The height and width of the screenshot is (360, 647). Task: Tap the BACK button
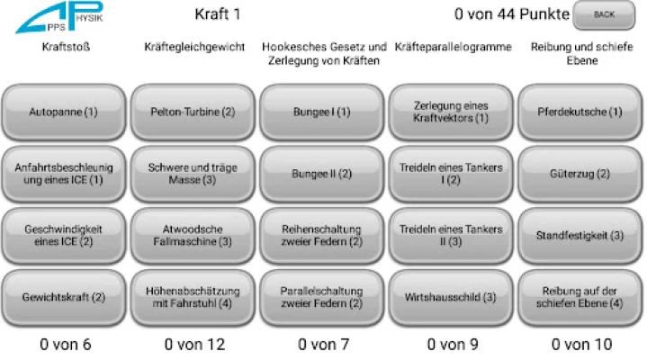pos(604,15)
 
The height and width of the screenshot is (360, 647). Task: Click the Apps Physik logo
pos(59,17)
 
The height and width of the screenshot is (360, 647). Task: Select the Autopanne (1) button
pos(64,112)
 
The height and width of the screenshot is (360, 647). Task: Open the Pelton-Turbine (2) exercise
pos(193,112)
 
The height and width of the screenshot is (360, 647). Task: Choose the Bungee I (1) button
pos(322,112)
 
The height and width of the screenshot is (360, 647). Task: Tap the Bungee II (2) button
pos(322,174)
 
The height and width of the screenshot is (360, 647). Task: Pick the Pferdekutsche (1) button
pos(580,112)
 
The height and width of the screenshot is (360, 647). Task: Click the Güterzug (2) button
pos(580,174)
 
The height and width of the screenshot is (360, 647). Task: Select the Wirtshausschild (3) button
pos(451,297)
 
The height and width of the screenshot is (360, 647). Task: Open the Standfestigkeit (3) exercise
pos(580,236)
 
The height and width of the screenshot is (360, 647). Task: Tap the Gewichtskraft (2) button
pos(64,297)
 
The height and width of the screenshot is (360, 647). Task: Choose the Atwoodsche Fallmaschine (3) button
pos(193,236)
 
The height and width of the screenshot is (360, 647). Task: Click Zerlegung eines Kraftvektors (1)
pos(451,112)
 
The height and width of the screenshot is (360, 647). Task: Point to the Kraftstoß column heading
pos(66,47)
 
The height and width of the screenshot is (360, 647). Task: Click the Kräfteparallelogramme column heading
pos(453,47)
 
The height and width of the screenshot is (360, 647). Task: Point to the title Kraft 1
pos(218,14)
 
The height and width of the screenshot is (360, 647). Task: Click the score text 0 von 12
pos(194,345)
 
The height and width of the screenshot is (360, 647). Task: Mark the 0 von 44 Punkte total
pos(512,14)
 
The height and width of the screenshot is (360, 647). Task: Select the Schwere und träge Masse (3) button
pos(193,174)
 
